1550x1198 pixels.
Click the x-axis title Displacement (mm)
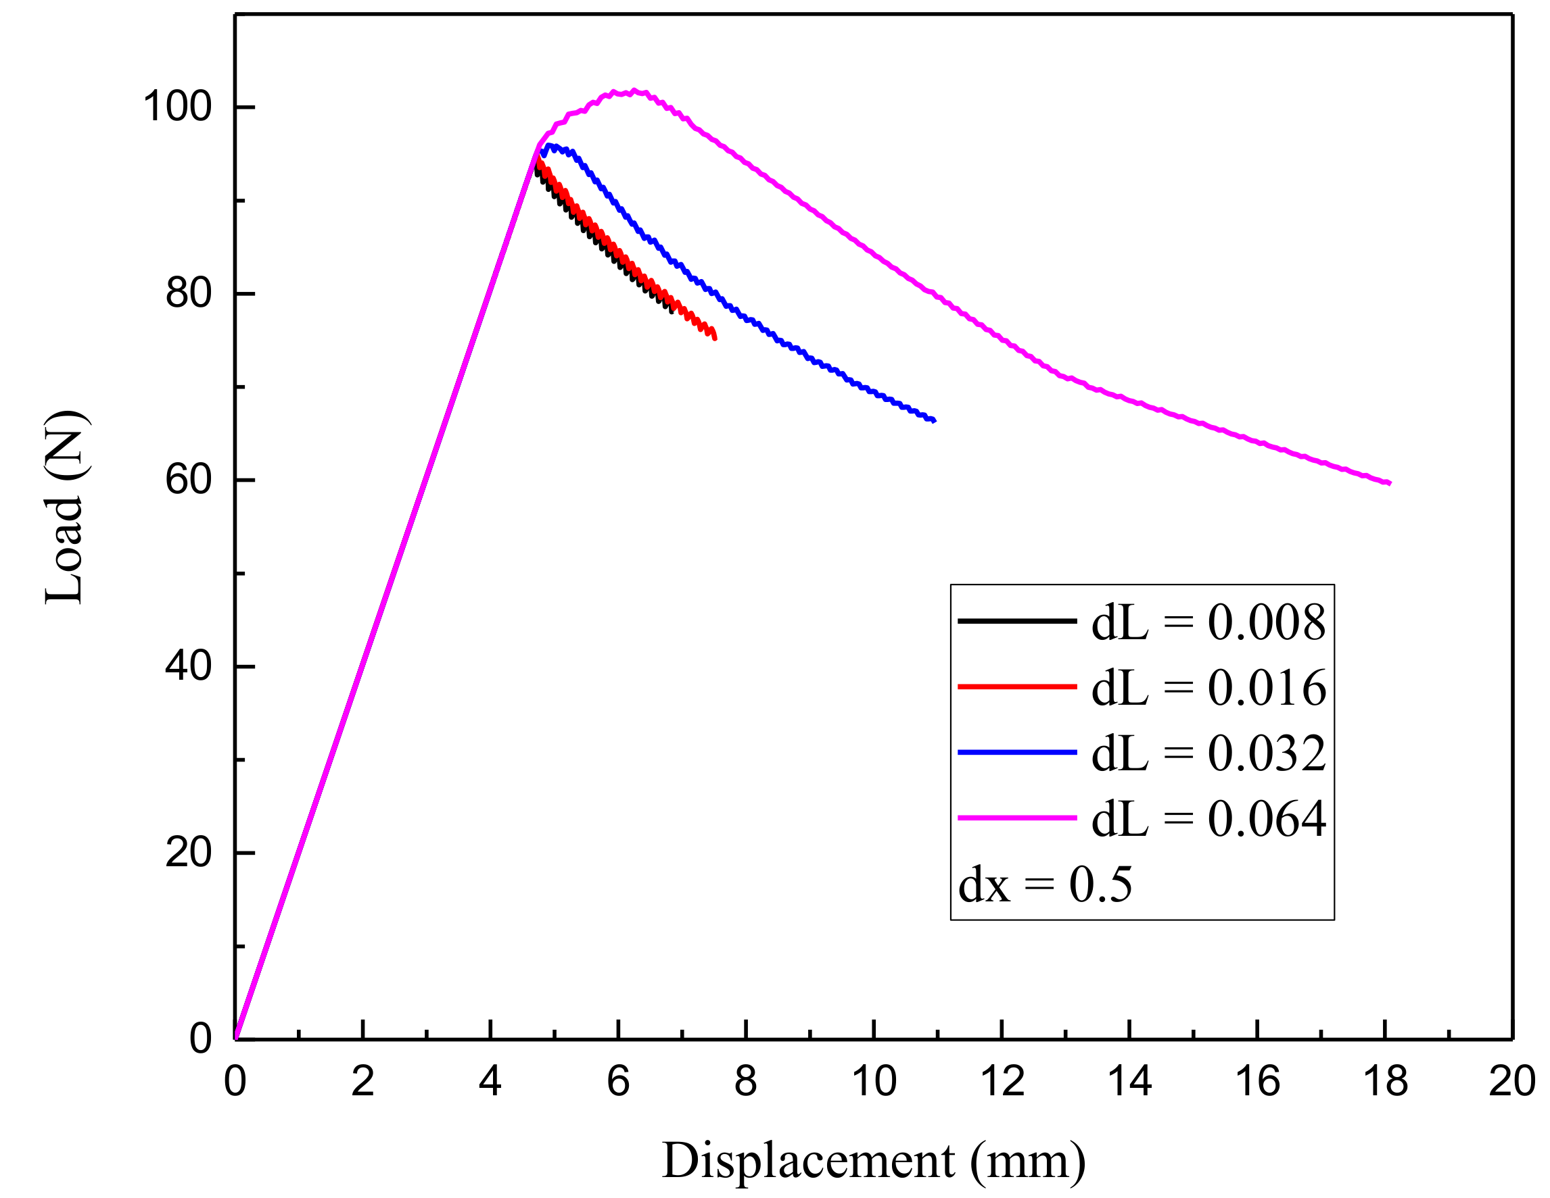(x=874, y=1161)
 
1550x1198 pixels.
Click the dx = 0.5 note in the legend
(x=1045, y=884)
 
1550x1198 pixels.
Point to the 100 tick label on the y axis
(x=177, y=107)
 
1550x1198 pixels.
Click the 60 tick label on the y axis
(x=188, y=480)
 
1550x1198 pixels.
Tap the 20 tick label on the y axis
(x=188, y=853)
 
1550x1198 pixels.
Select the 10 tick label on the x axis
(x=874, y=1082)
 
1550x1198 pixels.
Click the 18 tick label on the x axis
(x=1384, y=1082)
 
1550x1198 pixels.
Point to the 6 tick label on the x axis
(x=618, y=1082)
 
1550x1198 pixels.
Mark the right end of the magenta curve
(x=1389, y=483)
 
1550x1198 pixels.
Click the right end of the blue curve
(x=935, y=420)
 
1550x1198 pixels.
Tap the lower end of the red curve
(x=715, y=339)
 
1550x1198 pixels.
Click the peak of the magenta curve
(x=634, y=91)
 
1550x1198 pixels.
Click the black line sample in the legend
(x=1016, y=622)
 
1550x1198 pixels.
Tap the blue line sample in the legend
(x=1016, y=752)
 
